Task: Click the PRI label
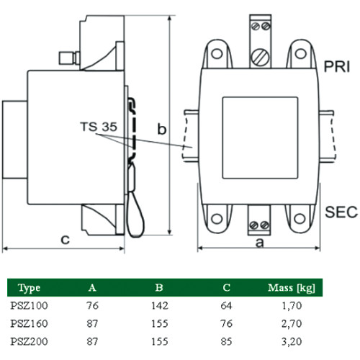(x=337, y=66)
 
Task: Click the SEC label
(x=341, y=212)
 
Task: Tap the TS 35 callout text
(x=99, y=127)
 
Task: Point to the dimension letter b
(x=162, y=129)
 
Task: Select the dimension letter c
(x=65, y=239)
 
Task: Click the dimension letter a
(x=259, y=243)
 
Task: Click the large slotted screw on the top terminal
(x=260, y=57)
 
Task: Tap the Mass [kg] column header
(x=292, y=287)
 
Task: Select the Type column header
(x=29, y=288)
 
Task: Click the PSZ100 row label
(x=29, y=305)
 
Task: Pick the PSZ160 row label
(x=29, y=323)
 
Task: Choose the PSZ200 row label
(x=29, y=341)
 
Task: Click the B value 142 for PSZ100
(x=160, y=305)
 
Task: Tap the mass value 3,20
(x=292, y=341)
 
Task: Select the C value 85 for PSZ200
(x=226, y=341)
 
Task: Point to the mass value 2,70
(x=292, y=323)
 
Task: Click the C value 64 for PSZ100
(x=226, y=305)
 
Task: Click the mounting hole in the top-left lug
(x=217, y=53)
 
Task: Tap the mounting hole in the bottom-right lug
(x=300, y=219)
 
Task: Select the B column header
(x=159, y=287)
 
